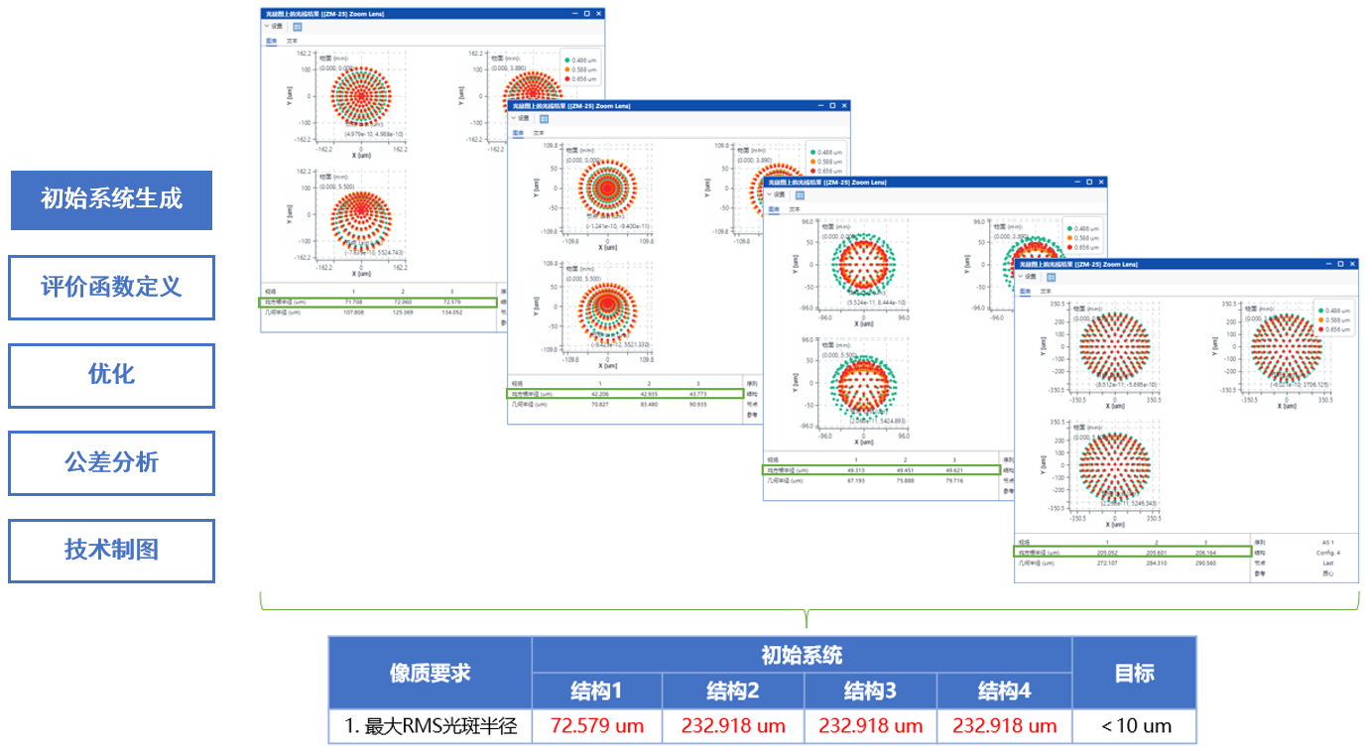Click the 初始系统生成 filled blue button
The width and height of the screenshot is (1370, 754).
coord(111,199)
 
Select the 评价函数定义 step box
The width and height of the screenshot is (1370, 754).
coord(111,288)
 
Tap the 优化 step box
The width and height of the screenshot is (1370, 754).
coord(111,375)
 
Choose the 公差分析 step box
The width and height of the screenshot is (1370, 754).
coord(111,462)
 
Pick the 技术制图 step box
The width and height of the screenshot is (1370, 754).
coord(111,550)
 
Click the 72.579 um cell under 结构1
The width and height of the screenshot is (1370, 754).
coord(597,726)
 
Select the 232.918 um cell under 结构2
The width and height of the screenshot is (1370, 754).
coord(733,726)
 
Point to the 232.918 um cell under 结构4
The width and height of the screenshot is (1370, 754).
coord(1005,726)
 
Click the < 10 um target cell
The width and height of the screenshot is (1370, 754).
coord(1135,726)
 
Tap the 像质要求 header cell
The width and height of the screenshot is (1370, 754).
coord(431,673)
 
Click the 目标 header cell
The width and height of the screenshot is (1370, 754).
coord(1135,673)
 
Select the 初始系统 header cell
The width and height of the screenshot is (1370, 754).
coord(802,655)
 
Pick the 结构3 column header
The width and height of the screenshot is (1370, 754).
coord(869,691)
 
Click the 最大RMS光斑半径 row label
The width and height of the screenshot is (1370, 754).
coord(431,726)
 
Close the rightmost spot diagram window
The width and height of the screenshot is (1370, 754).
coord(1352,264)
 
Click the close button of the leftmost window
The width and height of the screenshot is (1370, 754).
coord(598,14)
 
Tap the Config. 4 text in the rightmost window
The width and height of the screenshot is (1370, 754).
coord(1324,553)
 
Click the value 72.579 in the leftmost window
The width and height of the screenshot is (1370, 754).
coord(451,302)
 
